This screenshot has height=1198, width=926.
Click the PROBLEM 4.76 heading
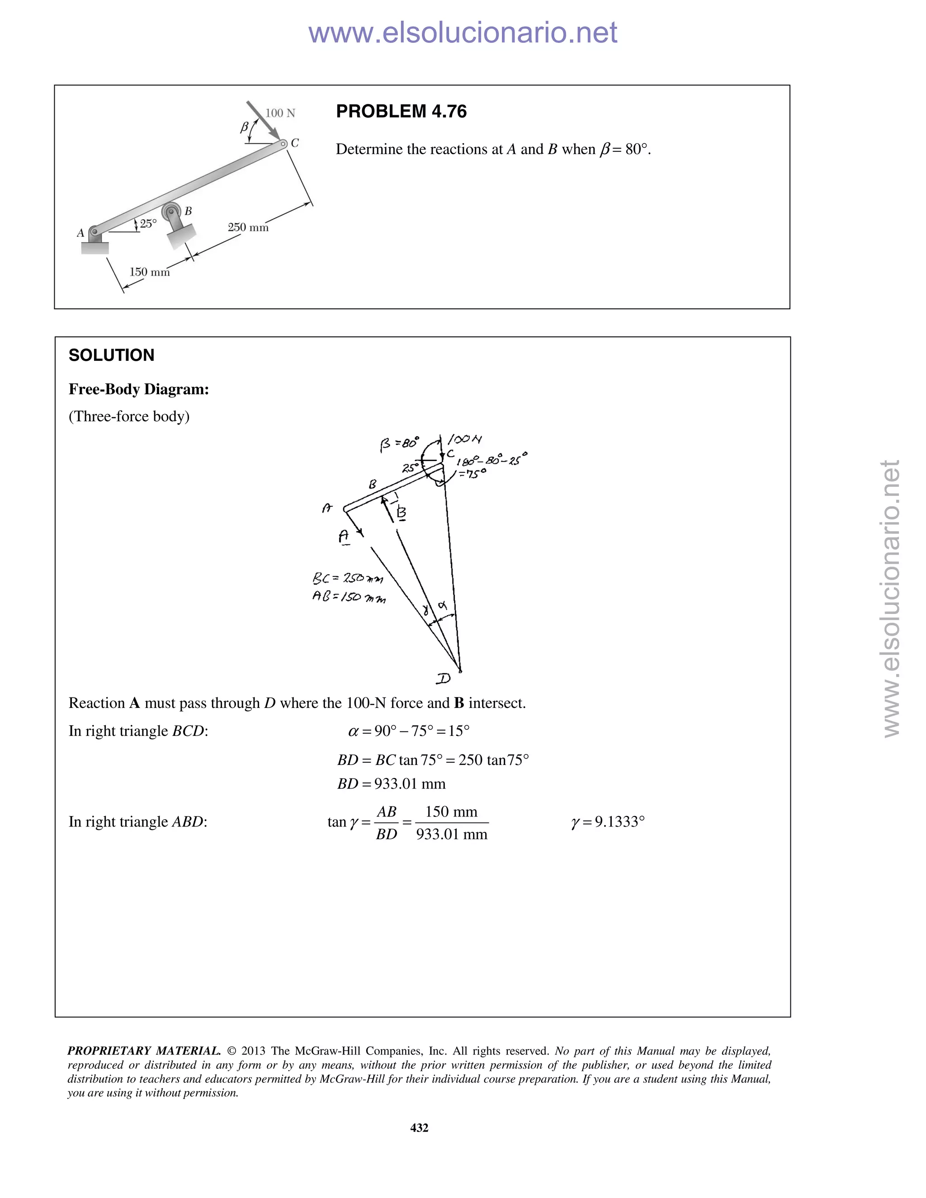pos(401,111)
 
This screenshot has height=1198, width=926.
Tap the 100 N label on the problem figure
pos(280,113)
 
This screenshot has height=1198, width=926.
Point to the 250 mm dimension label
pos(248,227)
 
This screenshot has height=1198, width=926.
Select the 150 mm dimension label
pos(149,272)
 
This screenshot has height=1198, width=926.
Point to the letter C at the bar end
pos(295,143)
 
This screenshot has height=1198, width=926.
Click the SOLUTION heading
pos(111,355)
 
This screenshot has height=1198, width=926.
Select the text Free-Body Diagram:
pos(139,389)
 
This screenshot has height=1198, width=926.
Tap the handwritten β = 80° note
pos(399,443)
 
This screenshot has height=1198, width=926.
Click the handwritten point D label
pos(443,679)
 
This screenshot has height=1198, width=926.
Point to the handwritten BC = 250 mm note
pos(348,578)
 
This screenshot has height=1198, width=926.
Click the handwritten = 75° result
pos(473,473)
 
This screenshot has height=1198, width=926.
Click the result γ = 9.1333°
pos(608,822)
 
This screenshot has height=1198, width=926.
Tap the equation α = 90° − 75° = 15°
pos(409,731)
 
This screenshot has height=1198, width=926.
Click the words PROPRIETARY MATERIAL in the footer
pos(144,1051)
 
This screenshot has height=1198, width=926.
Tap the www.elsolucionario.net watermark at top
pos(463,33)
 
